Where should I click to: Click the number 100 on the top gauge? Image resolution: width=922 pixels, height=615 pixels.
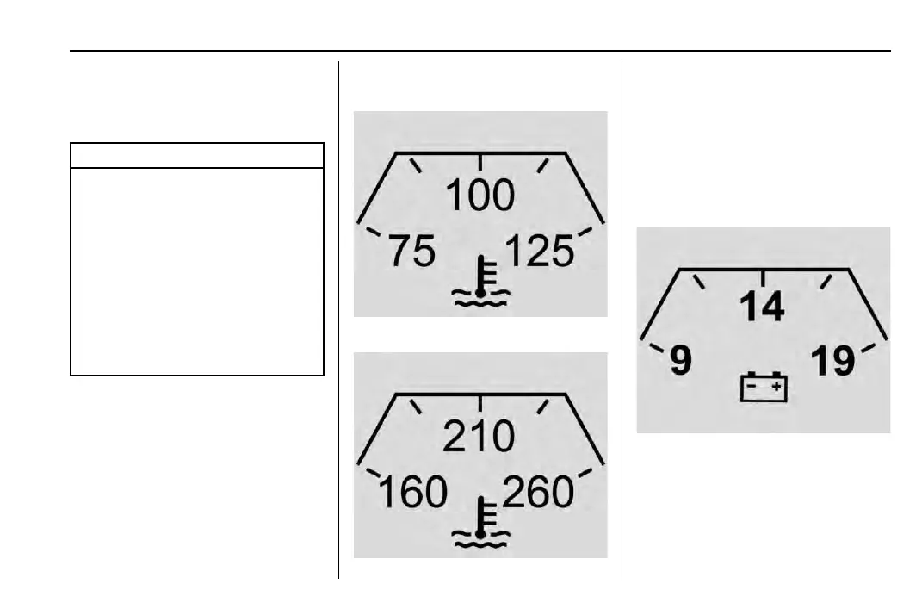coord(480,196)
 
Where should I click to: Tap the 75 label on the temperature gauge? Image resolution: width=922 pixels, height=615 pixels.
coord(412,252)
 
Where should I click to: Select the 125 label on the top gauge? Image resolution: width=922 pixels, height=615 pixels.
coord(539,252)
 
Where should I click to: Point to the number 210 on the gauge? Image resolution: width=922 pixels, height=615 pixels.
coord(480,438)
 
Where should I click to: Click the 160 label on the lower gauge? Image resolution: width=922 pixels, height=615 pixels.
coord(413,494)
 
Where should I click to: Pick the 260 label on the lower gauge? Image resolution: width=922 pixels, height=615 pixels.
coord(538,494)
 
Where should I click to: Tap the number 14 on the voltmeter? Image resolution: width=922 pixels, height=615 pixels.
coord(763,307)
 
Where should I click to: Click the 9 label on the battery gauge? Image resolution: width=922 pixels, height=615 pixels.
coord(680,361)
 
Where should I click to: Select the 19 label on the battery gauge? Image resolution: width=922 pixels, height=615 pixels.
coord(833,361)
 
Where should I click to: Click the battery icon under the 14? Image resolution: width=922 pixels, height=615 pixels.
coord(764,387)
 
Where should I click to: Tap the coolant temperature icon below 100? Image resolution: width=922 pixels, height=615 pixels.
coord(481,283)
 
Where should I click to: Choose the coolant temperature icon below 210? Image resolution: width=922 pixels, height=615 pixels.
coord(481,525)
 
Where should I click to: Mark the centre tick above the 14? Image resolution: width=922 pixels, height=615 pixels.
coord(764,277)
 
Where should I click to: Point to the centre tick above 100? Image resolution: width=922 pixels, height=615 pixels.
coord(480,161)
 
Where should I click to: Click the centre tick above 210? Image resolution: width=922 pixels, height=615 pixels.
coord(480,402)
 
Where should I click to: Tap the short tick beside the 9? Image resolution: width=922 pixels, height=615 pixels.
coord(656,349)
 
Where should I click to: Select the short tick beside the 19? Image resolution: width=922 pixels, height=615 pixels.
coord(869,348)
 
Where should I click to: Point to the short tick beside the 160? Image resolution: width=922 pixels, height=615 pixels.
coord(374,473)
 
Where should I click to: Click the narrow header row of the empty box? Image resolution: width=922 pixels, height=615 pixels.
coord(197,156)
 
